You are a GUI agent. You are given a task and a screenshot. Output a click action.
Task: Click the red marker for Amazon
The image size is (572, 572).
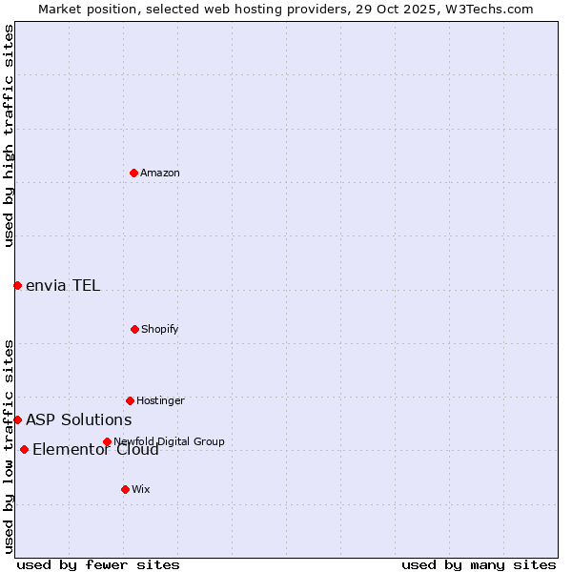click(133, 173)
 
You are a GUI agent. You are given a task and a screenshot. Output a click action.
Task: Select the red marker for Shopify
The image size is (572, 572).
click(134, 329)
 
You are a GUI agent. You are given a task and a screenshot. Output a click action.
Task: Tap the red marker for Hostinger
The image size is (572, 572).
click(130, 400)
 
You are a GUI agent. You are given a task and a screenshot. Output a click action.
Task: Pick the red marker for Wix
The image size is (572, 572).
click(125, 489)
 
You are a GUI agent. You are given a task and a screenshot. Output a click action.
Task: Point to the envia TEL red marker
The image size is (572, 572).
click(17, 285)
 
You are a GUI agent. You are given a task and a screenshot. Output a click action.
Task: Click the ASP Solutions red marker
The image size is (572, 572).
click(17, 419)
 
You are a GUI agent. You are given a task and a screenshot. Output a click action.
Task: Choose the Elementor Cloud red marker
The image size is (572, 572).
click(24, 449)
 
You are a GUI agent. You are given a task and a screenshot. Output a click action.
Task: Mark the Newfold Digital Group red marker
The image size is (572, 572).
click(107, 441)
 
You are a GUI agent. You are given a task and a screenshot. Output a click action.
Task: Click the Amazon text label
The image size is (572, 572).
click(160, 173)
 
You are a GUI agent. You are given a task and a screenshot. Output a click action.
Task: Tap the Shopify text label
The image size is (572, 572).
click(160, 329)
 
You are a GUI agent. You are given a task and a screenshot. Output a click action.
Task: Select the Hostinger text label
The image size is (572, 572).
click(160, 400)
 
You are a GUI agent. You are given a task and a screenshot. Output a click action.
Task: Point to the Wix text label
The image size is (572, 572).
click(141, 489)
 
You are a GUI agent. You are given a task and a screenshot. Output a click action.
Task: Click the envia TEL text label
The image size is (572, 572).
click(63, 285)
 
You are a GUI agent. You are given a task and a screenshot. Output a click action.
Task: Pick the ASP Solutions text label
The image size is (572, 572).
click(79, 419)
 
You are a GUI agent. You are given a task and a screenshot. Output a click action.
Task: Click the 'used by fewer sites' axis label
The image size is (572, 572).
click(98, 564)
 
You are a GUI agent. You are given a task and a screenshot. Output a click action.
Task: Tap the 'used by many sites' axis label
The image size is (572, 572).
click(479, 564)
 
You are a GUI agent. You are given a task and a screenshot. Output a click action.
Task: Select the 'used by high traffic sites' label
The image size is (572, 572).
click(9, 135)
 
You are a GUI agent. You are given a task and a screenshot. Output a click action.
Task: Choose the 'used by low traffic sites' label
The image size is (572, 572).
click(9, 446)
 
